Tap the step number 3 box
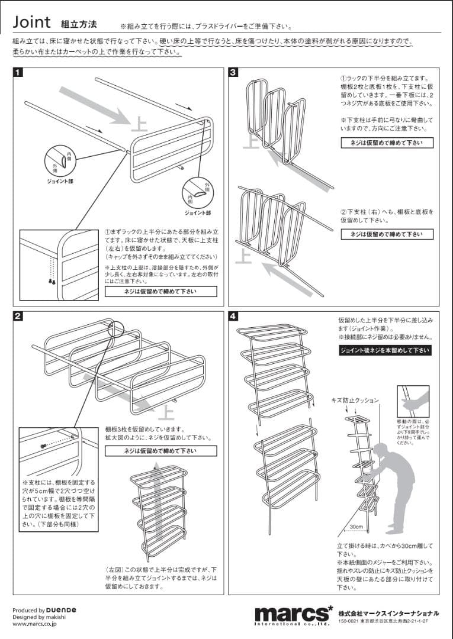pos(234,73)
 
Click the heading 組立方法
pos(78,24)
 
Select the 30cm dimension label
pos(355,526)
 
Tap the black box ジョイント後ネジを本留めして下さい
pos(385,350)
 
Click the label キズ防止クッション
pos(354,401)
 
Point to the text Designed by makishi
pos(39,617)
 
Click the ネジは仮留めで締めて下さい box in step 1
pos(160,292)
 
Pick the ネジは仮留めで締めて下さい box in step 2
pos(160,451)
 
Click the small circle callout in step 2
pos(116,329)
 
